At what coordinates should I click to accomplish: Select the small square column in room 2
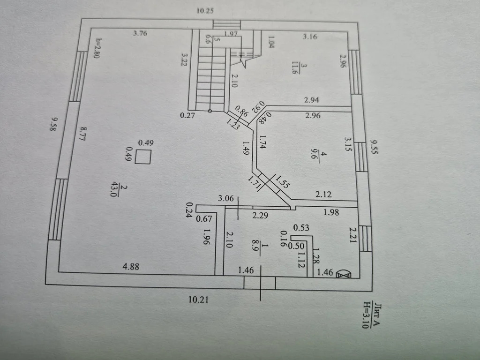[x=143, y=157]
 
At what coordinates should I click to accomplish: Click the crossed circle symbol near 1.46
[x=344, y=274]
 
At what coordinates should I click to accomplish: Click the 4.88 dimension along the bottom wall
[x=131, y=267]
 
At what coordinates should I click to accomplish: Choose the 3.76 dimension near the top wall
[x=141, y=33]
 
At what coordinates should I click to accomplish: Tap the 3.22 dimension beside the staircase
[x=184, y=61]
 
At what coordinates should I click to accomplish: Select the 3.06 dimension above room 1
[x=226, y=198]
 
